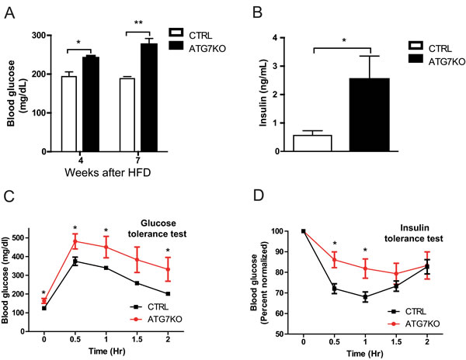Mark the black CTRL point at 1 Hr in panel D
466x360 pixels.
364,296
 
